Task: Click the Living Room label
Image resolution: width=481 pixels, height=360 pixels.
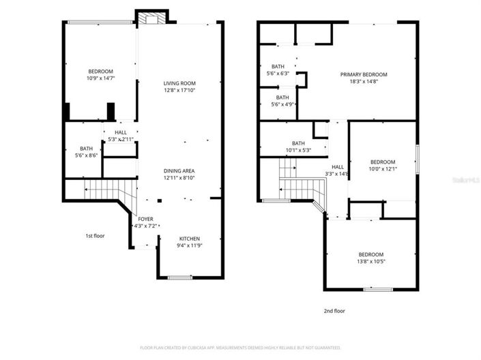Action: (x=180, y=83)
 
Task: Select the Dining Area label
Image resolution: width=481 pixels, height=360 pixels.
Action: (x=179, y=170)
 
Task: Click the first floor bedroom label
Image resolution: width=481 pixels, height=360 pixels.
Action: (x=100, y=72)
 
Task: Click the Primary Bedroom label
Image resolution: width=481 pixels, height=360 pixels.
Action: (x=364, y=74)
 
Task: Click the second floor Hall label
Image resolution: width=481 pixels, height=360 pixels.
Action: (x=338, y=166)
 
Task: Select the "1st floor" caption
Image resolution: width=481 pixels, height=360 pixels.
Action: (x=95, y=235)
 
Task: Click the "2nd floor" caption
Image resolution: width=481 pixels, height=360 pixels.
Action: (x=334, y=310)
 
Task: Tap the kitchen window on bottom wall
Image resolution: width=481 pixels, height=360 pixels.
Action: (x=180, y=277)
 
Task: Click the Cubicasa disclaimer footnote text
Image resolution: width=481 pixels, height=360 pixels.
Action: (x=240, y=347)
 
